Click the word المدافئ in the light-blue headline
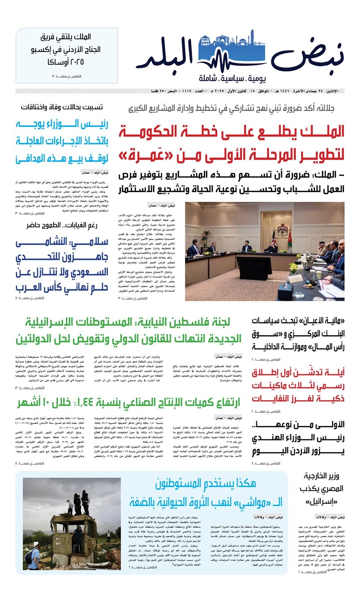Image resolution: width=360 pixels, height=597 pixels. (29, 158)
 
